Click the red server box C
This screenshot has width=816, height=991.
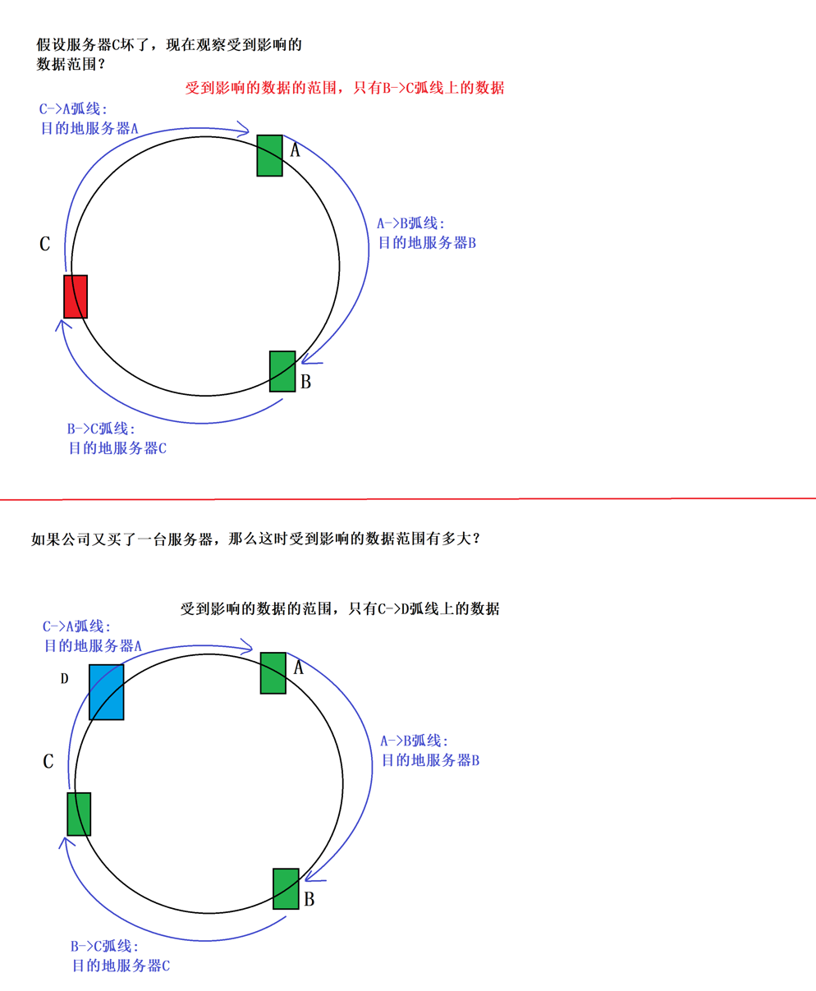pos(76,296)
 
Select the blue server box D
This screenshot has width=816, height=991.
pos(107,692)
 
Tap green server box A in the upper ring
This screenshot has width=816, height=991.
pos(269,155)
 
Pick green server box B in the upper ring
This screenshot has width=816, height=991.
pos(282,371)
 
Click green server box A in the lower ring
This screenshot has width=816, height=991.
pos(273,672)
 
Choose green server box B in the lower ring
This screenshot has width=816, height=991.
pos(286,888)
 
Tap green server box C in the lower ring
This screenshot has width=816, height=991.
pos(79,814)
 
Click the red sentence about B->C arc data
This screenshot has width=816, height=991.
pos(345,88)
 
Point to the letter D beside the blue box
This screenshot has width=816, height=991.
pos(65,679)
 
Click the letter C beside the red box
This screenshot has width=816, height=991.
pos(45,244)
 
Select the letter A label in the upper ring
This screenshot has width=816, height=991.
pos(296,150)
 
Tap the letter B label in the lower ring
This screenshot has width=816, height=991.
pos(309,899)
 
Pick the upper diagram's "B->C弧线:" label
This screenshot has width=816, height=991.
pos(101,429)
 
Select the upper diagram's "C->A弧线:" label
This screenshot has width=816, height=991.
pos(73,108)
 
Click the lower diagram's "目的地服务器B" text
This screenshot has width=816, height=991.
pos(430,760)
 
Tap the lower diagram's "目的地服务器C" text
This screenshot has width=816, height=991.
pos(121,966)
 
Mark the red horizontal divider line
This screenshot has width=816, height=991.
pos(408,498)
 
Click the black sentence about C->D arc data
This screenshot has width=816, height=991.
pos(340,608)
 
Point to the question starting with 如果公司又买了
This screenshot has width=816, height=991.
pos(255,539)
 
